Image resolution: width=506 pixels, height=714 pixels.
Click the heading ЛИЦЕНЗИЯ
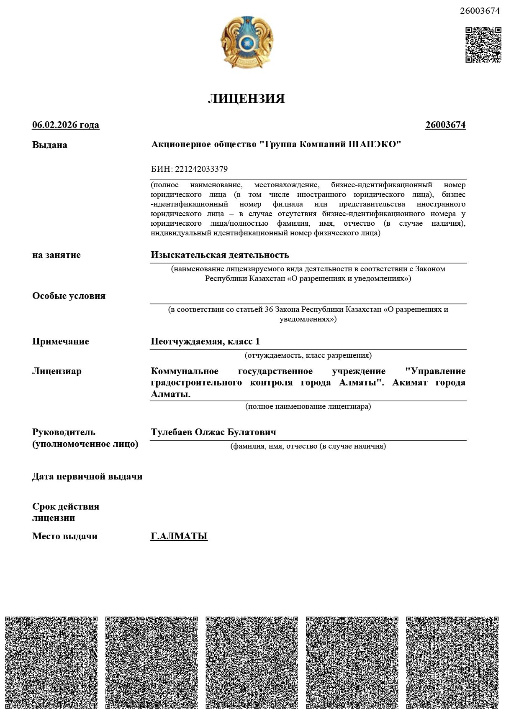point(246,99)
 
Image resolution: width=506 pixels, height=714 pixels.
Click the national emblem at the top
point(247,43)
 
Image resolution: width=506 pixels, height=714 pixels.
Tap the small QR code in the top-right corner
point(483,45)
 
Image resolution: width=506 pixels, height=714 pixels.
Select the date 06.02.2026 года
point(66,125)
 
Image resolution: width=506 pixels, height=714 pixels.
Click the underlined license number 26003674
point(445,125)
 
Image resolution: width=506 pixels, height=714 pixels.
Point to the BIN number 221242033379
point(201,169)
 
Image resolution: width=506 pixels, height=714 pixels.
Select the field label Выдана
point(50,145)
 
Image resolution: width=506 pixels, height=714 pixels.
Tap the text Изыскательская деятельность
point(220,255)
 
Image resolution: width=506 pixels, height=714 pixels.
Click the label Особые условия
point(69,296)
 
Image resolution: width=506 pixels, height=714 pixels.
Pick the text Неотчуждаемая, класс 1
point(205,342)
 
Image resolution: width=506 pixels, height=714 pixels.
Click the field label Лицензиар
point(57,371)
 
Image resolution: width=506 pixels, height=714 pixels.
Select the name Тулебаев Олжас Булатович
point(213,432)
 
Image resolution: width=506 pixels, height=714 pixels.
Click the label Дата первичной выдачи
point(87,477)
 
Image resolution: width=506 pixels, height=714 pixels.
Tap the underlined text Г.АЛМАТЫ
point(179,536)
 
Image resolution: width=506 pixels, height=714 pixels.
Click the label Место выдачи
point(64,536)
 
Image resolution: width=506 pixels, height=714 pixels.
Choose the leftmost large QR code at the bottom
point(51,662)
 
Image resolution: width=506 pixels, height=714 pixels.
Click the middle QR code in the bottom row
point(252,662)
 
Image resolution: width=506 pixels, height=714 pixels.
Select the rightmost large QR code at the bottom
point(452,662)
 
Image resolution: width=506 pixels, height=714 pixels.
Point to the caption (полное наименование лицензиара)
point(308,406)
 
